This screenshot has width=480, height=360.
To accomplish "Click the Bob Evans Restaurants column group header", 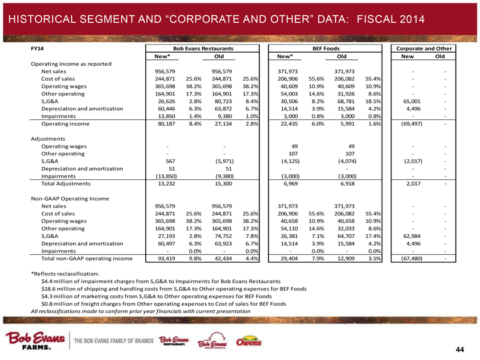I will tap(199, 50).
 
